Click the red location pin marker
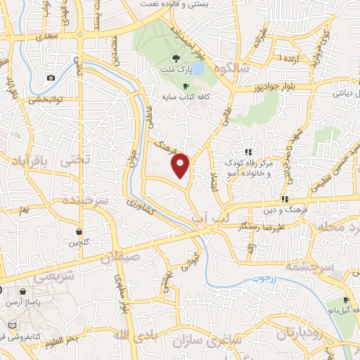pos(181,165)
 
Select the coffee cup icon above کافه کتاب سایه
pos(186,86)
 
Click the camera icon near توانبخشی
pos(51,79)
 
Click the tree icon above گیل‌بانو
pos(333,304)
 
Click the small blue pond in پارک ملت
pos(198,69)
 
